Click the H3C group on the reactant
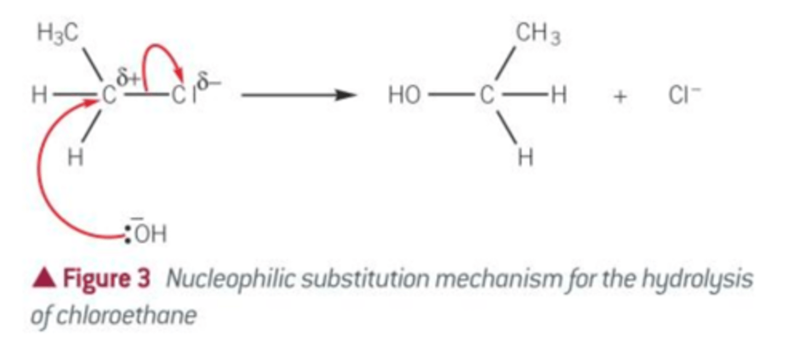coord(58,33)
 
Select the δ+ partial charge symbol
coord(128,78)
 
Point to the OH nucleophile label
coord(151,234)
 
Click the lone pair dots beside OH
coord(128,234)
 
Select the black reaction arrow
coord(299,95)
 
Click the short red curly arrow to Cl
coord(157,46)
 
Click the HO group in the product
coord(404,96)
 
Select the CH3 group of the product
coord(538,33)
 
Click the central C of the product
coord(487,96)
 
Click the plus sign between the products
coord(620,97)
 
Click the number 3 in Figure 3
coord(143,278)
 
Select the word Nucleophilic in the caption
coord(231,279)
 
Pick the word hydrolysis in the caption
coord(698,279)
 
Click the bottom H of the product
coord(526,158)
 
